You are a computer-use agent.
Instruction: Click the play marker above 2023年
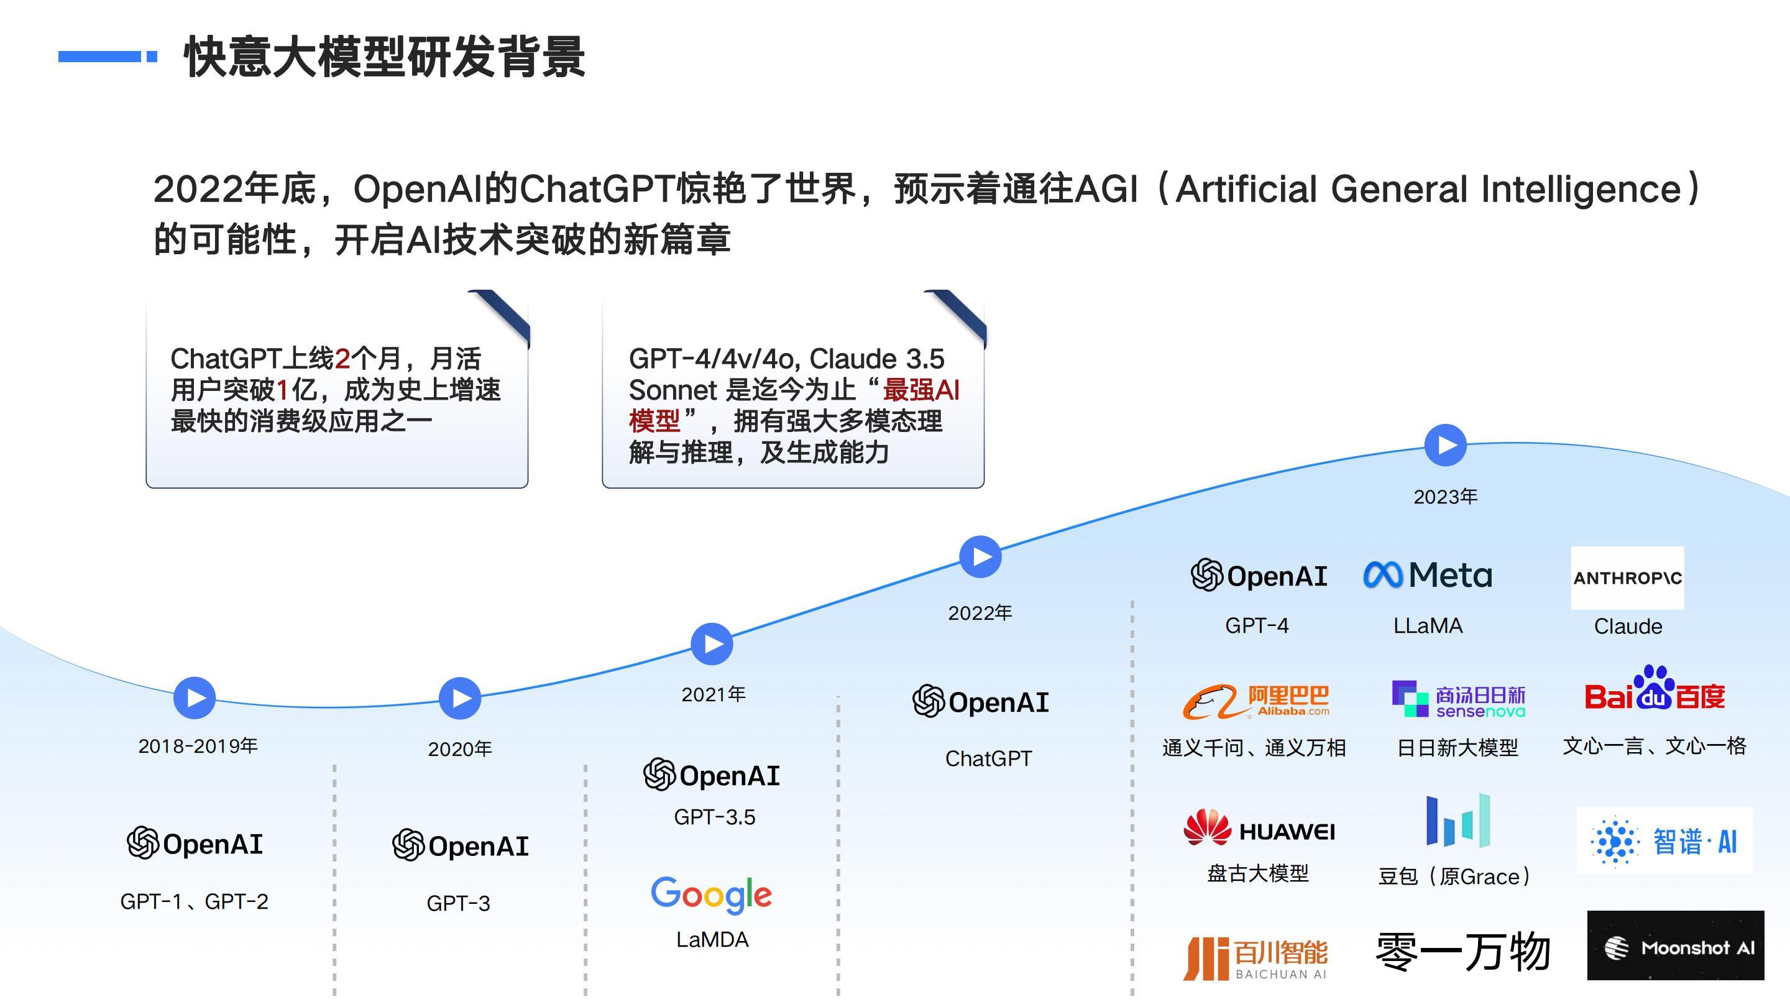1445,445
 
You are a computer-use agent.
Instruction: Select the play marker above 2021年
712,644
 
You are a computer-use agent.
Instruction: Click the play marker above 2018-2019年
195,697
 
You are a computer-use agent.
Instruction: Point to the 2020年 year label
460,749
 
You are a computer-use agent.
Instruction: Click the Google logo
712,895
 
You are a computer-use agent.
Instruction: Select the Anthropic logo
1627,577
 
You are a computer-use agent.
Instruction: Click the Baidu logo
1655,691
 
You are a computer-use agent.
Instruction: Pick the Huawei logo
1259,829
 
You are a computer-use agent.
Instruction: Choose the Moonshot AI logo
1676,946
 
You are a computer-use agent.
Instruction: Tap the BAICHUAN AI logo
1255,959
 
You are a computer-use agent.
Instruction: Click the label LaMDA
712,940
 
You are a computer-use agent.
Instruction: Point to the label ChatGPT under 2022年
988,759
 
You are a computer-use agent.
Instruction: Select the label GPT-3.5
714,817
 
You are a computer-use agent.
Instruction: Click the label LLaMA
1428,626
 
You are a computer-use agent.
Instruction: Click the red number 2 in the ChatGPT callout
342,359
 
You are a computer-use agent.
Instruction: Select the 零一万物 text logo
1464,952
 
